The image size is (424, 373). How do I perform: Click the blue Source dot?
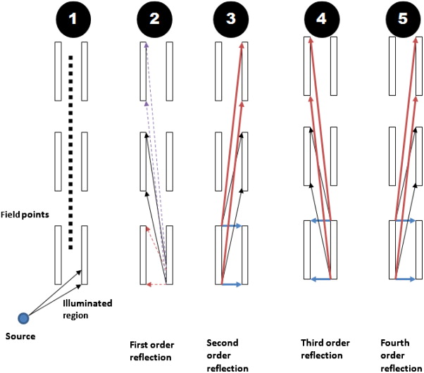coord(23,318)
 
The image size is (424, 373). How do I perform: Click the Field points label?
coord(25,213)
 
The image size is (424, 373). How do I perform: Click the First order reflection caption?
coord(151,350)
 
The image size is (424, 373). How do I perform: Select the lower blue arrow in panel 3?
coord(231,284)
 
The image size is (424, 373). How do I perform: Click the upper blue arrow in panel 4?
coord(321,221)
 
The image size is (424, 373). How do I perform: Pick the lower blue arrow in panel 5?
coord(403,279)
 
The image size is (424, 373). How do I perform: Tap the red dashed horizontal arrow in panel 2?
coord(156,284)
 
